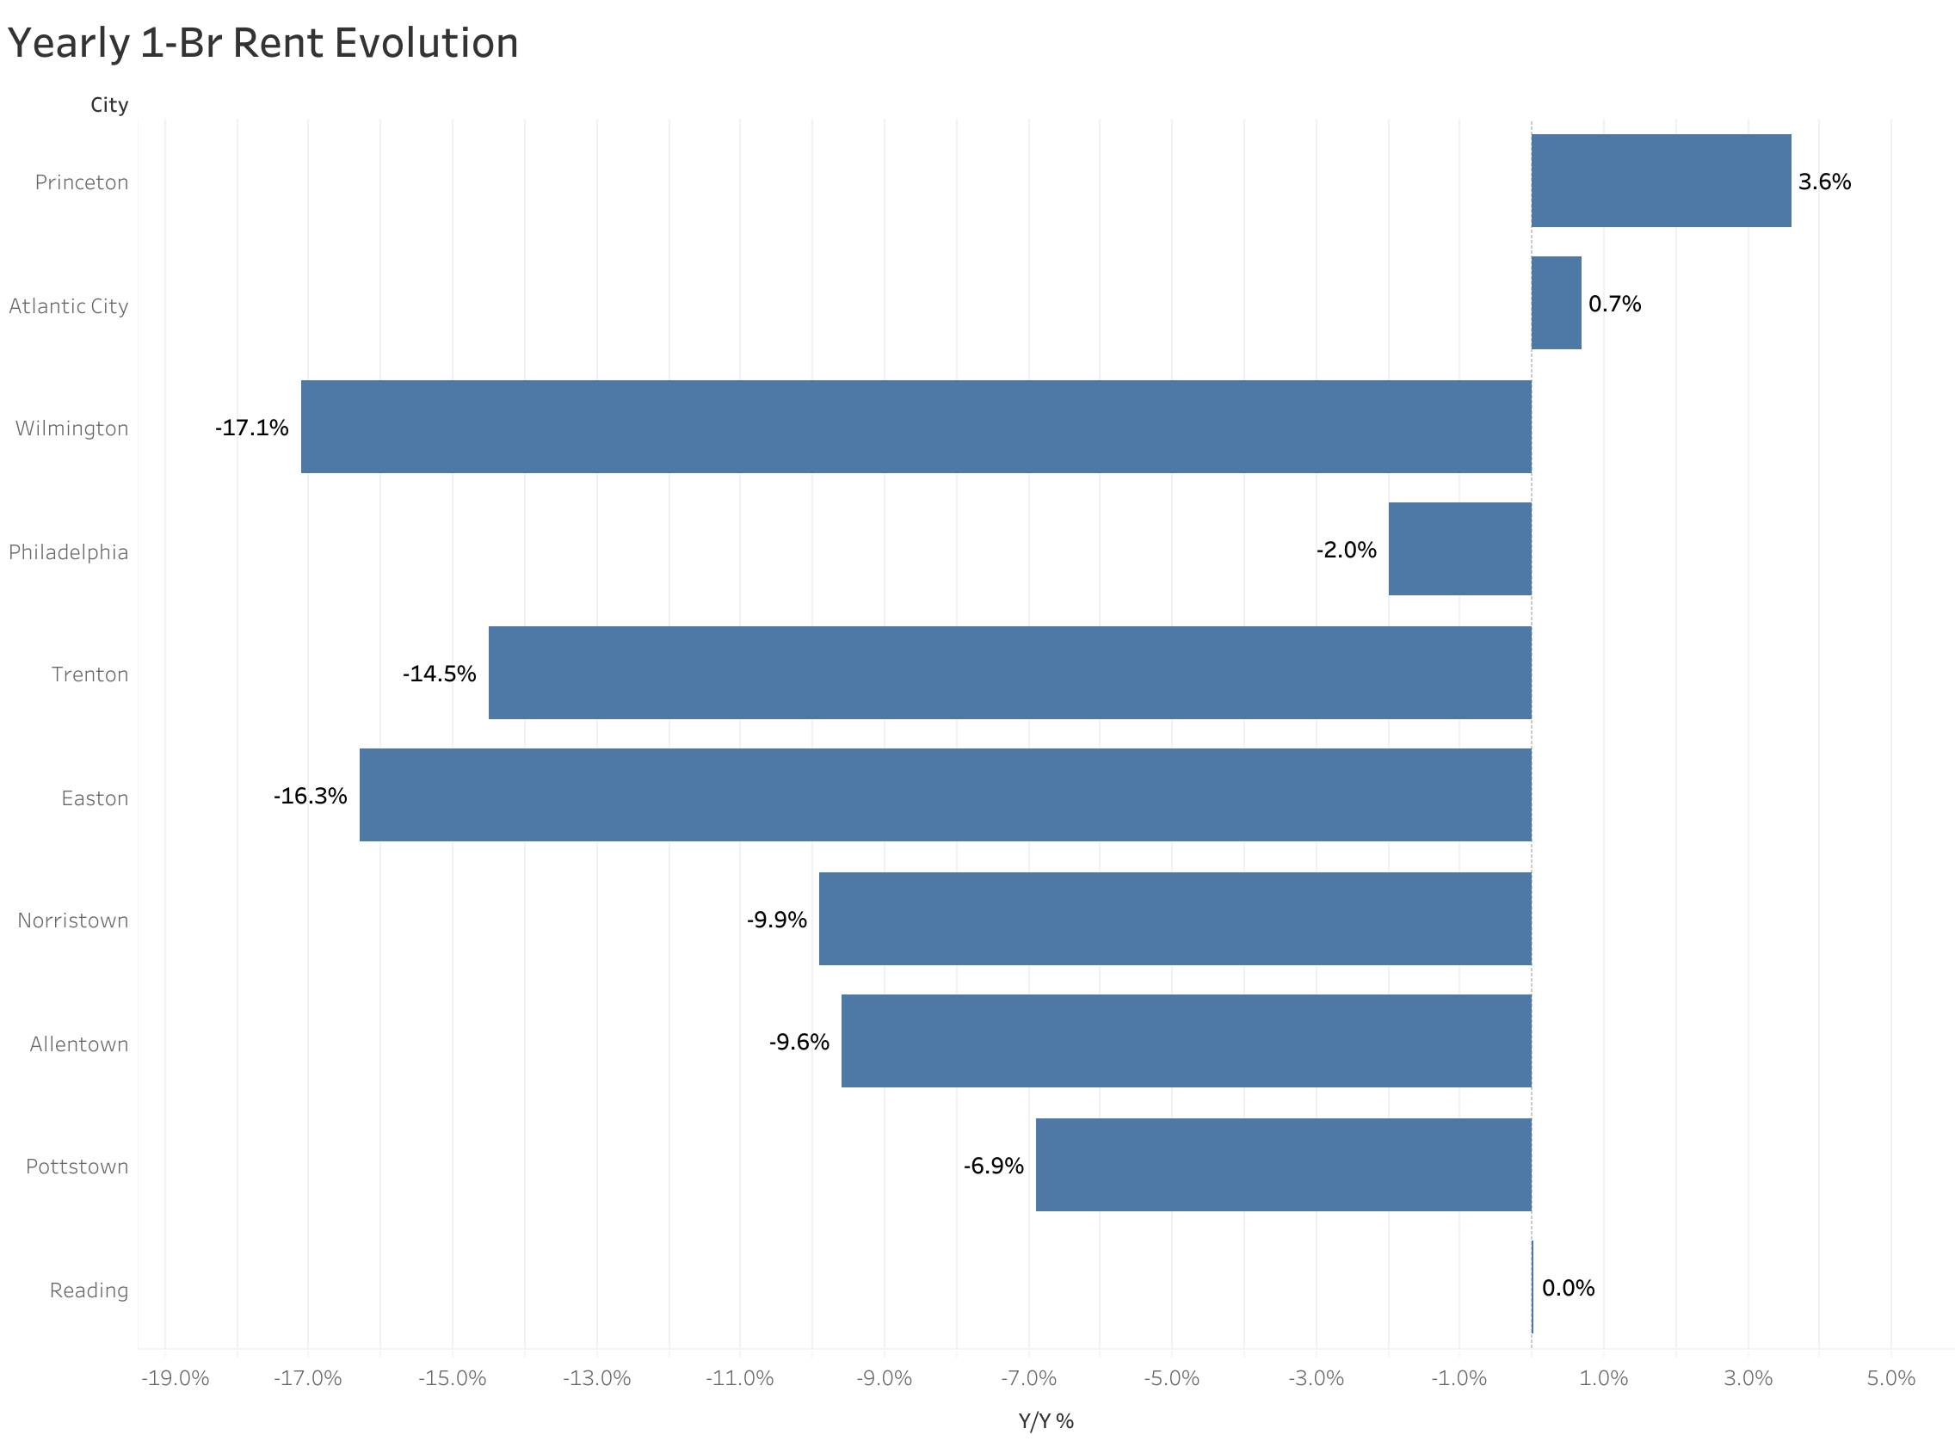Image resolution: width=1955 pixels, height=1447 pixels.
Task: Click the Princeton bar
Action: pos(1661,181)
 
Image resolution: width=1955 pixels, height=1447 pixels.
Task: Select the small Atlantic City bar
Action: pos(1556,303)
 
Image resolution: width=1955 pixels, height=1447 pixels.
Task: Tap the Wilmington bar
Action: pos(916,427)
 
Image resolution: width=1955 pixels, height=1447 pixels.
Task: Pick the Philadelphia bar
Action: pos(1459,549)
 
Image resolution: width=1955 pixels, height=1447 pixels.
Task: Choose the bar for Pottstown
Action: pos(1283,1165)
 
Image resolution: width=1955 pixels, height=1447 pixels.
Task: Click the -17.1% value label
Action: pos(251,428)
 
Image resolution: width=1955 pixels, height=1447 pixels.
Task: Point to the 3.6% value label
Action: pos(1823,182)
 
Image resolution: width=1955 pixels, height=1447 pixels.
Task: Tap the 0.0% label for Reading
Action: pos(1568,1288)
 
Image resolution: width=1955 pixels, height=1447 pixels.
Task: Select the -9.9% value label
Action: pos(776,920)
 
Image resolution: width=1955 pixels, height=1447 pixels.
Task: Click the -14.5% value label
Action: pos(439,674)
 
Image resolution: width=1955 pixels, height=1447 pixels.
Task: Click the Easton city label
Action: pos(95,798)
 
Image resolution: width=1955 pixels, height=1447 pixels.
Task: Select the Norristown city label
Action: pos(72,921)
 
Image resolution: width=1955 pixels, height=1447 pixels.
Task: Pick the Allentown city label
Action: pos(79,1044)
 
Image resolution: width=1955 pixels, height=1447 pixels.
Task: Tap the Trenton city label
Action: pos(89,674)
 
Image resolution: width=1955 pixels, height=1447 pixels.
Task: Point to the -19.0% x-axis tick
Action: pos(176,1379)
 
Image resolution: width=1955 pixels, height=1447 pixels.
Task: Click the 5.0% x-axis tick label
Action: pos(1890,1379)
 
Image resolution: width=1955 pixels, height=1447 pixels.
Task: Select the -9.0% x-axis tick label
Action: pos(884,1379)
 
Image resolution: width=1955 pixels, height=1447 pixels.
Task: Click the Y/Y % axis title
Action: pos(1045,1420)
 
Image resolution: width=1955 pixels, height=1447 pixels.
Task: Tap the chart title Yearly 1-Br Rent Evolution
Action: pos(262,43)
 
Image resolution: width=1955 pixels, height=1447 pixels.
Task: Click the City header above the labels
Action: pos(109,105)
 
